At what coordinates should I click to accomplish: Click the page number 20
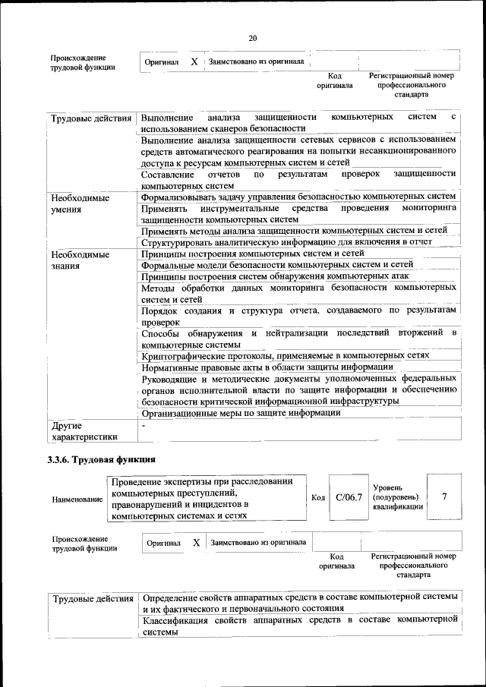pyautogui.click(x=253, y=39)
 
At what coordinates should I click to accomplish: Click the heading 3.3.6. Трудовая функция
pyautogui.click(x=102, y=459)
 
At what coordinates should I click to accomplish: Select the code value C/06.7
pyautogui.click(x=349, y=497)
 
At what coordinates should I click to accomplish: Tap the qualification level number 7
pyautogui.click(x=444, y=496)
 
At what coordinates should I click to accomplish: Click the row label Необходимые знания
pyautogui.click(x=80, y=260)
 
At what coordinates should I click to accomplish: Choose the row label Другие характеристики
pyautogui.click(x=84, y=430)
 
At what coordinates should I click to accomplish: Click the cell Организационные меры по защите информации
pyautogui.click(x=241, y=413)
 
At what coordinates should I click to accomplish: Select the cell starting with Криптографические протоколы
pyautogui.click(x=286, y=355)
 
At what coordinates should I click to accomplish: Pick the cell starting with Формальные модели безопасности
pyautogui.click(x=277, y=264)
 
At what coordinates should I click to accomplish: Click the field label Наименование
pyautogui.click(x=77, y=500)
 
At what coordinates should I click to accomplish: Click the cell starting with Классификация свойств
pyautogui.click(x=299, y=626)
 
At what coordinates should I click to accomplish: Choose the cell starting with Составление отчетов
pyautogui.click(x=298, y=179)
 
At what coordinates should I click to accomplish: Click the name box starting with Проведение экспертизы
pyautogui.click(x=207, y=498)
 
